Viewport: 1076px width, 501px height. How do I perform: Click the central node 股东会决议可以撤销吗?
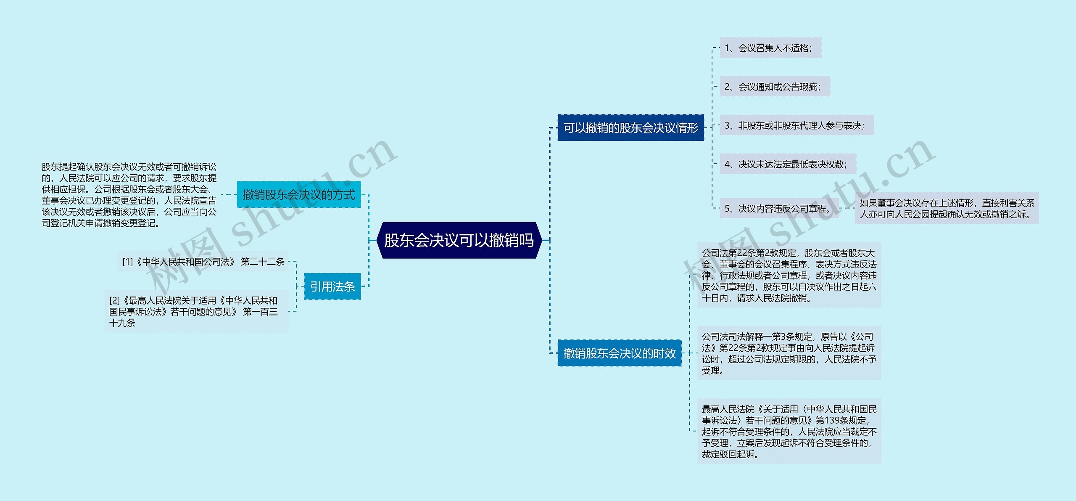click(x=459, y=240)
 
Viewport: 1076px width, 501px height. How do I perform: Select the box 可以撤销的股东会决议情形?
click(x=630, y=127)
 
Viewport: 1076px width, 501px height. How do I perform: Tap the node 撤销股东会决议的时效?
click(x=619, y=353)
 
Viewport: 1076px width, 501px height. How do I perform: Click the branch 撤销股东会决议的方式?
click(x=298, y=194)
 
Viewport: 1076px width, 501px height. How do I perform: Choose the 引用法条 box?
click(x=332, y=286)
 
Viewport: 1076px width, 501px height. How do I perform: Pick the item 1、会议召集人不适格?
click(x=770, y=48)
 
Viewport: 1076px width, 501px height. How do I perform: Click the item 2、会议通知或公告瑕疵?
click(x=774, y=87)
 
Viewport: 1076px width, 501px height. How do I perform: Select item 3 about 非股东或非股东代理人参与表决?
click(x=796, y=125)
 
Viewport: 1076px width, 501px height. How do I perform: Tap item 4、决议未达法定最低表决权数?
click(x=787, y=164)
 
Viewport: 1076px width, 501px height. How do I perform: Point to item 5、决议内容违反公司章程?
click(x=779, y=208)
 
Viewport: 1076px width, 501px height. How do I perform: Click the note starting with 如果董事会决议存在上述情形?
click(x=946, y=209)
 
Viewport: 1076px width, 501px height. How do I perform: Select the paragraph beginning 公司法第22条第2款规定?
click(x=789, y=275)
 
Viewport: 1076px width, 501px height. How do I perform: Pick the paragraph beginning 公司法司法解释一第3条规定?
click(x=789, y=353)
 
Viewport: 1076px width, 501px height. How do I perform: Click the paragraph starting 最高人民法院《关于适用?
click(x=789, y=431)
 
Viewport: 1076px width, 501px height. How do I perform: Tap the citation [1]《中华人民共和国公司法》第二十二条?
click(x=203, y=262)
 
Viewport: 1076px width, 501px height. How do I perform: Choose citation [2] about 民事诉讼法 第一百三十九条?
click(x=196, y=312)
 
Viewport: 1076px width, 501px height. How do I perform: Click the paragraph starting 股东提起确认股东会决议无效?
click(x=129, y=195)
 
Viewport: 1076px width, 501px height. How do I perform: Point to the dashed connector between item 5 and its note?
click(x=847, y=208)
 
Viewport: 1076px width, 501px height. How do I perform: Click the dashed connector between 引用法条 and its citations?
click(x=296, y=286)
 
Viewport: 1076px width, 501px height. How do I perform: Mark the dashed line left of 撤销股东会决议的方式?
click(x=228, y=194)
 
